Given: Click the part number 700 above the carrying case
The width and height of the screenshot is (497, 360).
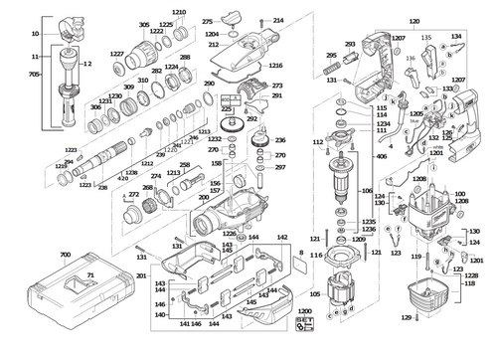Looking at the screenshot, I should tap(66, 256).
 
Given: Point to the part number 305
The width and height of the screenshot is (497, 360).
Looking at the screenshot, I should tap(144, 24).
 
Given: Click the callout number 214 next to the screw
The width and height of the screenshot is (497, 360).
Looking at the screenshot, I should tap(278, 20).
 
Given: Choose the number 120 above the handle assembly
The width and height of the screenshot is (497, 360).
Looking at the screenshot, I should tap(414, 21).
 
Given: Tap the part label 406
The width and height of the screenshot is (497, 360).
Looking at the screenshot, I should tap(382, 157).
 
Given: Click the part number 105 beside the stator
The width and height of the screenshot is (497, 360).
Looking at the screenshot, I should tap(316, 293).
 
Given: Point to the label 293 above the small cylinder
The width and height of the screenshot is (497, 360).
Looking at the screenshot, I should tap(350, 45).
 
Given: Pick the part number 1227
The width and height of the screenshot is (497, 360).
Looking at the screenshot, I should tap(117, 53).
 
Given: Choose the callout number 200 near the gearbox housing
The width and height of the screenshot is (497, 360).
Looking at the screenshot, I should tap(204, 198).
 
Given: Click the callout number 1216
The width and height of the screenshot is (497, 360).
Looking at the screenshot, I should tap(275, 65).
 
